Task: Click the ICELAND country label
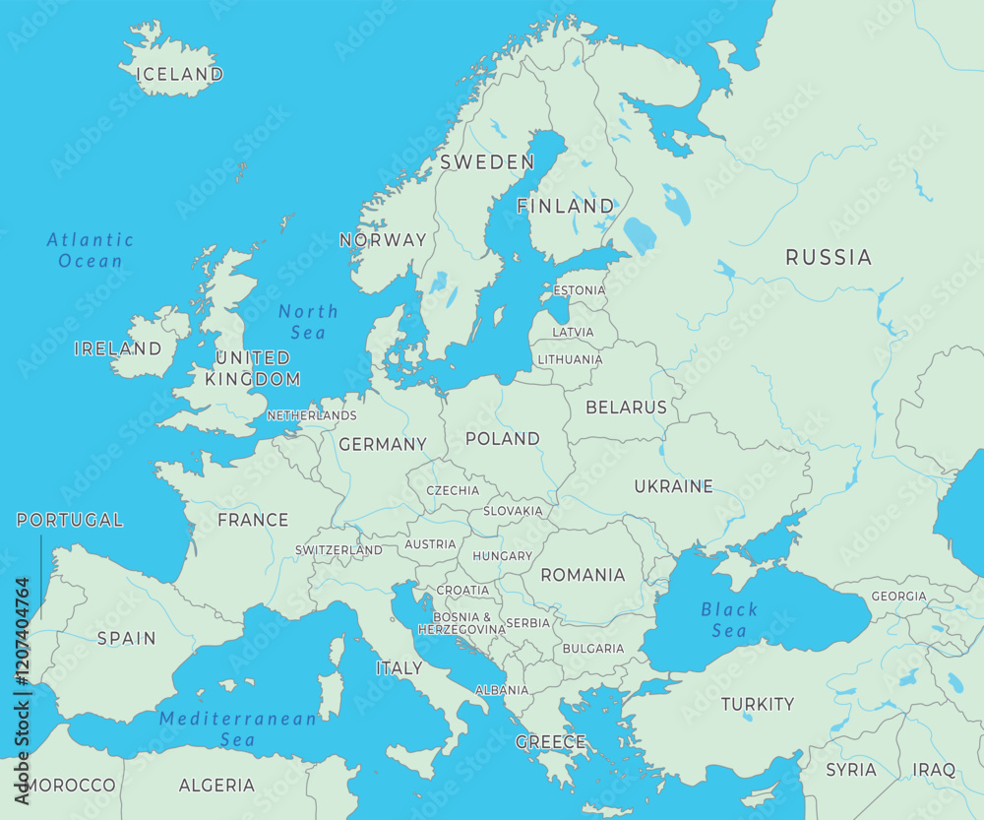point(180,74)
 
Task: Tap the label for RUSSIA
point(828,258)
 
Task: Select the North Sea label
point(308,322)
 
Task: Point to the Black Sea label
point(729,620)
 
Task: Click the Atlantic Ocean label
point(91,250)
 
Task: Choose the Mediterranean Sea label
point(238,728)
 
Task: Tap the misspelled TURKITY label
point(757,704)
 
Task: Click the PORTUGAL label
point(70,520)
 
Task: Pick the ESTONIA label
point(580,290)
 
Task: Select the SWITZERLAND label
point(338,550)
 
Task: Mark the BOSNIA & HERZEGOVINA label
point(461,623)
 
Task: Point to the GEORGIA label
point(898,596)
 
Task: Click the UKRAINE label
point(673,486)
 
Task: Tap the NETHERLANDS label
point(311,415)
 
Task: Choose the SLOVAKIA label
point(512,511)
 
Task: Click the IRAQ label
point(933,770)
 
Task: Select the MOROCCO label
point(71,786)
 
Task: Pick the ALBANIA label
point(502,690)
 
